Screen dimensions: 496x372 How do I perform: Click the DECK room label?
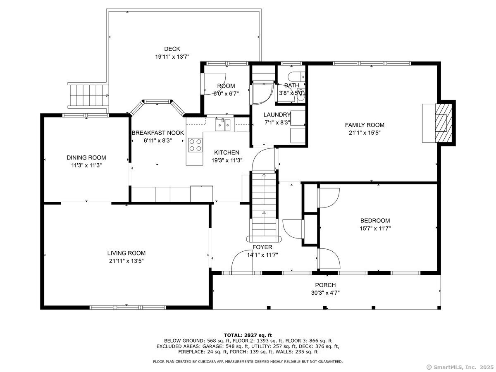pyautogui.click(x=172, y=49)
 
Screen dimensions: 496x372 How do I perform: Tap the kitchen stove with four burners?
pyautogui.click(x=195, y=145)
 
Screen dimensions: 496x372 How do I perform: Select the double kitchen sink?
pyautogui.click(x=222, y=125)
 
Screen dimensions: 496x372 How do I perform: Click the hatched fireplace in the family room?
pyautogui.click(x=444, y=123)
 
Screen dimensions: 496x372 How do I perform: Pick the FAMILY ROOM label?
pyautogui.click(x=364, y=125)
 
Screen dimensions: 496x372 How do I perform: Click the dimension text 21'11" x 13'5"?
pyautogui.click(x=126, y=261)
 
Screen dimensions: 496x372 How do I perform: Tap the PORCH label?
pyautogui.click(x=325, y=285)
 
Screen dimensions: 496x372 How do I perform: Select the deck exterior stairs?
pyautogui.click(x=88, y=95)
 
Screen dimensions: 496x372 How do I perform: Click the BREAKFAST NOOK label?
pyautogui.click(x=157, y=133)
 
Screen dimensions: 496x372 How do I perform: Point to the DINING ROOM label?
pyautogui.click(x=86, y=157)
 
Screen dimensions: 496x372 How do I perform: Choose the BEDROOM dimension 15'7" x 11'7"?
pyautogui.click(x=375, y=228)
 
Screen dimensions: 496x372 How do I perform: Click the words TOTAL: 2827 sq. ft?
pyautogui.click(x=248, y=335)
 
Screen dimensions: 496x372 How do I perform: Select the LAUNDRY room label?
pyautogui.click(x=277, y=115)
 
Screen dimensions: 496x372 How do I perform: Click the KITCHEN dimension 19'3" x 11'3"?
pyautogui.click(x=227, y=160)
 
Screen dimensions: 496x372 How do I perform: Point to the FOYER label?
pyautogui.click(x=262, y=247)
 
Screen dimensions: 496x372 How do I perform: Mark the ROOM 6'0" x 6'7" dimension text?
pyautogui.click(x=226, y=93)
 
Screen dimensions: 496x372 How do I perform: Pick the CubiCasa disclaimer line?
pyautogui.click(x=248, y=362)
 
